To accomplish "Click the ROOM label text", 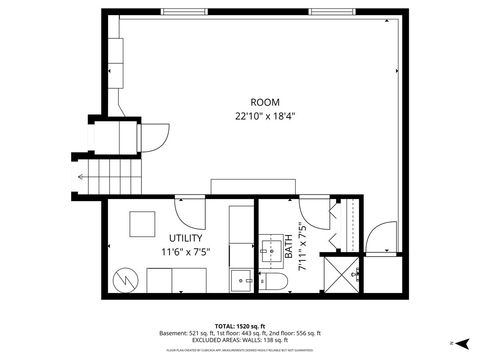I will tap(265, 102).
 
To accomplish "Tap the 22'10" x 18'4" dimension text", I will tap(265, 115).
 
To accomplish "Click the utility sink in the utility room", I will tap(241, 278).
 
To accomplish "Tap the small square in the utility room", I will tap(142, 224).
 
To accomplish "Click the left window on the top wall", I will tap(187, 11).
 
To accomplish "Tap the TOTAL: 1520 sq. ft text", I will tap(240, 326).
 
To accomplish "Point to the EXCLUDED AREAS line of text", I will tap(240, 340).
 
